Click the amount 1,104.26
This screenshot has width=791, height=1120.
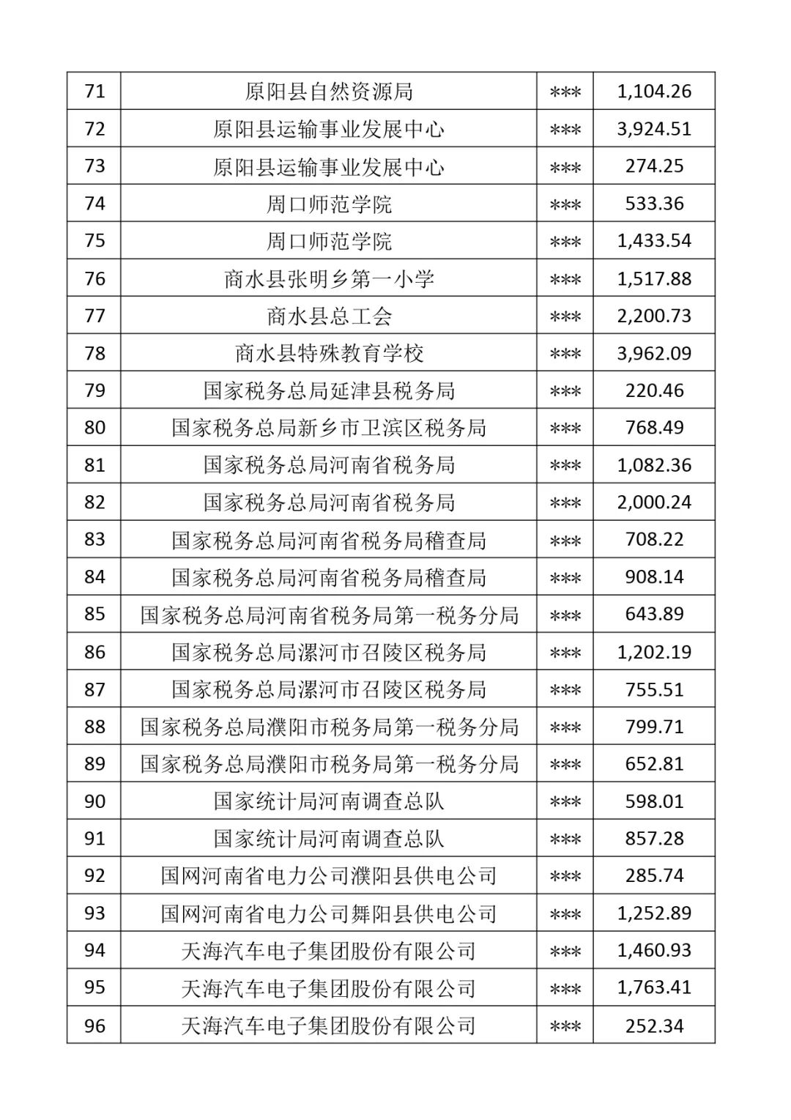pos(654,92)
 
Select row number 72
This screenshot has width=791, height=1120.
pos(94,129)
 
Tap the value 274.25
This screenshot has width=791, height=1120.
pos(654,166)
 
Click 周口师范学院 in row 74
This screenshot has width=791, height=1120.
pos(329,204)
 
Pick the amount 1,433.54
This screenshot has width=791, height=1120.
pos(654,241)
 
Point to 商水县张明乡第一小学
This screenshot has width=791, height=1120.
pos(329,278)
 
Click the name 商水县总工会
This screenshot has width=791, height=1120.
pos(329,316)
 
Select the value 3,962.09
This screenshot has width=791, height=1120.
pos(654,353)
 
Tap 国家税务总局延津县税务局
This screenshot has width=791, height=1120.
pos(329,390)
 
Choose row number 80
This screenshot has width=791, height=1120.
pos(94,428)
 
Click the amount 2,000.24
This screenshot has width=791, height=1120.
pos(654,502)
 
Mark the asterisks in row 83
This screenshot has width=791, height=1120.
pos(565,541)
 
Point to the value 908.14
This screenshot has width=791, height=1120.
pos(654,577)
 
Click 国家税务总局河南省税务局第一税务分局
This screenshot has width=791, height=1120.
pos(329,615)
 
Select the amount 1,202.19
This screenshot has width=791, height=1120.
pos(654,652)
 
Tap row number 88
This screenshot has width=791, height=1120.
pos(94,727)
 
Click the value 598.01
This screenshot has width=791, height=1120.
pos(654,801)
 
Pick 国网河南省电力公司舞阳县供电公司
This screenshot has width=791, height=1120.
pos(329,913)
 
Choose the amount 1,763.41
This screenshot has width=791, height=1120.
pos(654,987)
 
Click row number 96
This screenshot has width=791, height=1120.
pos(94,1026)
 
